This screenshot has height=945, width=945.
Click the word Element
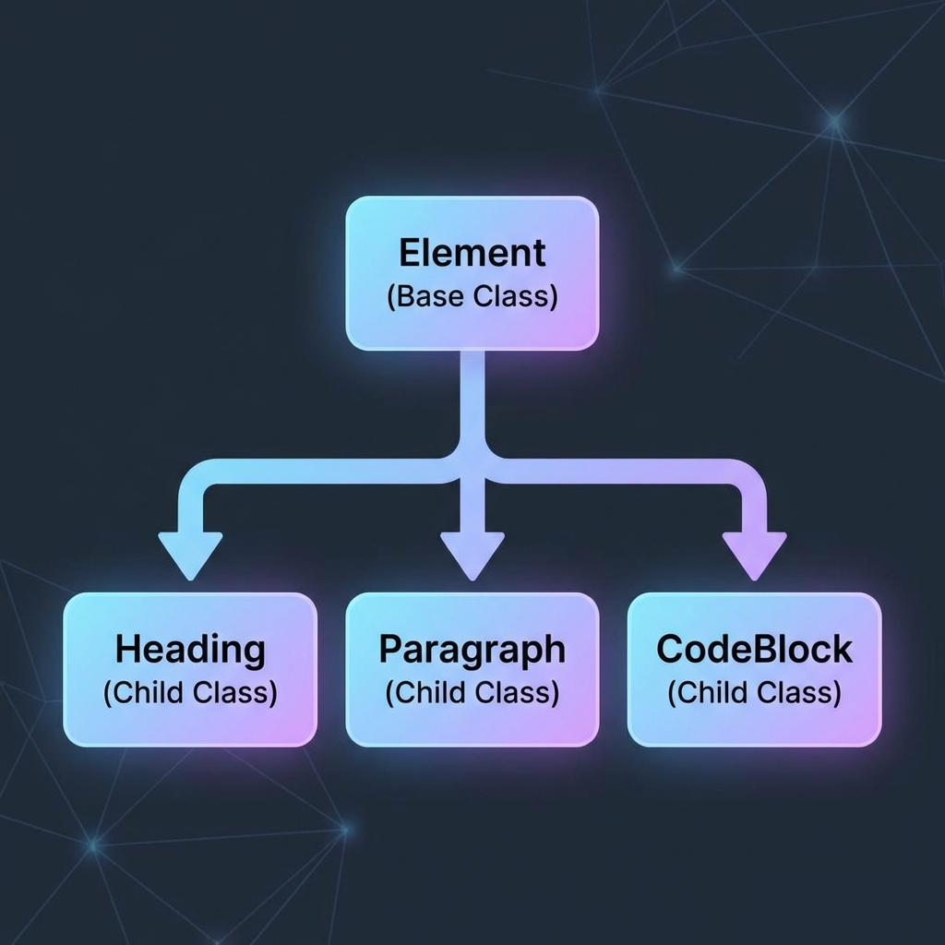pos(472,253)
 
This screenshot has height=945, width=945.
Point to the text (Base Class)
pos(472,297)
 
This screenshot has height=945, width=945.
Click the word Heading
pos(190,650)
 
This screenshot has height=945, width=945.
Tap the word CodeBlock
pos(754,650)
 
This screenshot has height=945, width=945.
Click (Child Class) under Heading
pos(190,693)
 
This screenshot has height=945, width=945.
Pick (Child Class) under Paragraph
pos(472,693)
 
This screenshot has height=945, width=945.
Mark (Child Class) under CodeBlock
pos(754,693)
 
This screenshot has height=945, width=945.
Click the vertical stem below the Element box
pos(472,397)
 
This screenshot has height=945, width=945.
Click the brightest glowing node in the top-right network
pos(835,120)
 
